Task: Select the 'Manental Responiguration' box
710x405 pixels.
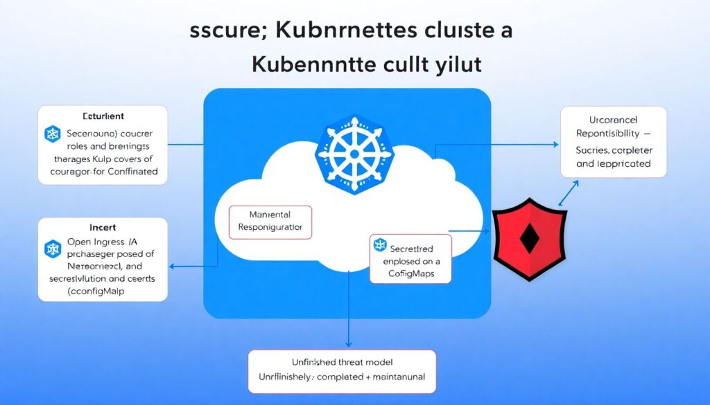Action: click(x=271, y=221)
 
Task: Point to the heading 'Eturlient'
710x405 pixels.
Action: click(x=103, y=116)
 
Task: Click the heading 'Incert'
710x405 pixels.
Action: click(x=102, y=228)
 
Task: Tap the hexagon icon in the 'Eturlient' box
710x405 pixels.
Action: click(x=53, y=134)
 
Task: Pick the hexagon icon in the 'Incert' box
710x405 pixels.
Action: click(x=53, y=249)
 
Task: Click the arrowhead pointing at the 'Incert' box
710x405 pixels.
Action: click(x=173, y=265)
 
